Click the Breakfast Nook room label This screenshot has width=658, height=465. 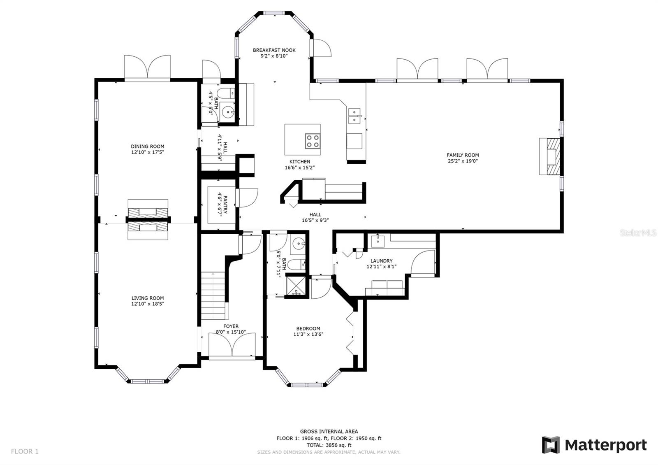(274, 50)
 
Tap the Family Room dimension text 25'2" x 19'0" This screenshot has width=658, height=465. (463, 161)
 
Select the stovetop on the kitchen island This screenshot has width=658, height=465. (312, 141)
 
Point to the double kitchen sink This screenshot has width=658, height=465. (354, 116)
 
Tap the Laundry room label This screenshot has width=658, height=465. (381, 261)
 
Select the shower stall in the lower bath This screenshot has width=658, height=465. (296, 285)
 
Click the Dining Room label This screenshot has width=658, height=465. (148, 146)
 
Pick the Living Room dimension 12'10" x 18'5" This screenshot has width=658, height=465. (148, 304)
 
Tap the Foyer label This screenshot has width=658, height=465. (231, 326)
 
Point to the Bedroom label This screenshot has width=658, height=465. (308, 329)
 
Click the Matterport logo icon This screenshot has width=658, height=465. (551, 445)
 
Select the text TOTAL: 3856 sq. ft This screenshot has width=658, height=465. (329, 445)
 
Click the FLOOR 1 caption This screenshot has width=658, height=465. (25, 451)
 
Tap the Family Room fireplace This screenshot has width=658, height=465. (550, 156)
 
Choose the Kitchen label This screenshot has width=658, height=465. (300, 162)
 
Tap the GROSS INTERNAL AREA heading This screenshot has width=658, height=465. (329, 432)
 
